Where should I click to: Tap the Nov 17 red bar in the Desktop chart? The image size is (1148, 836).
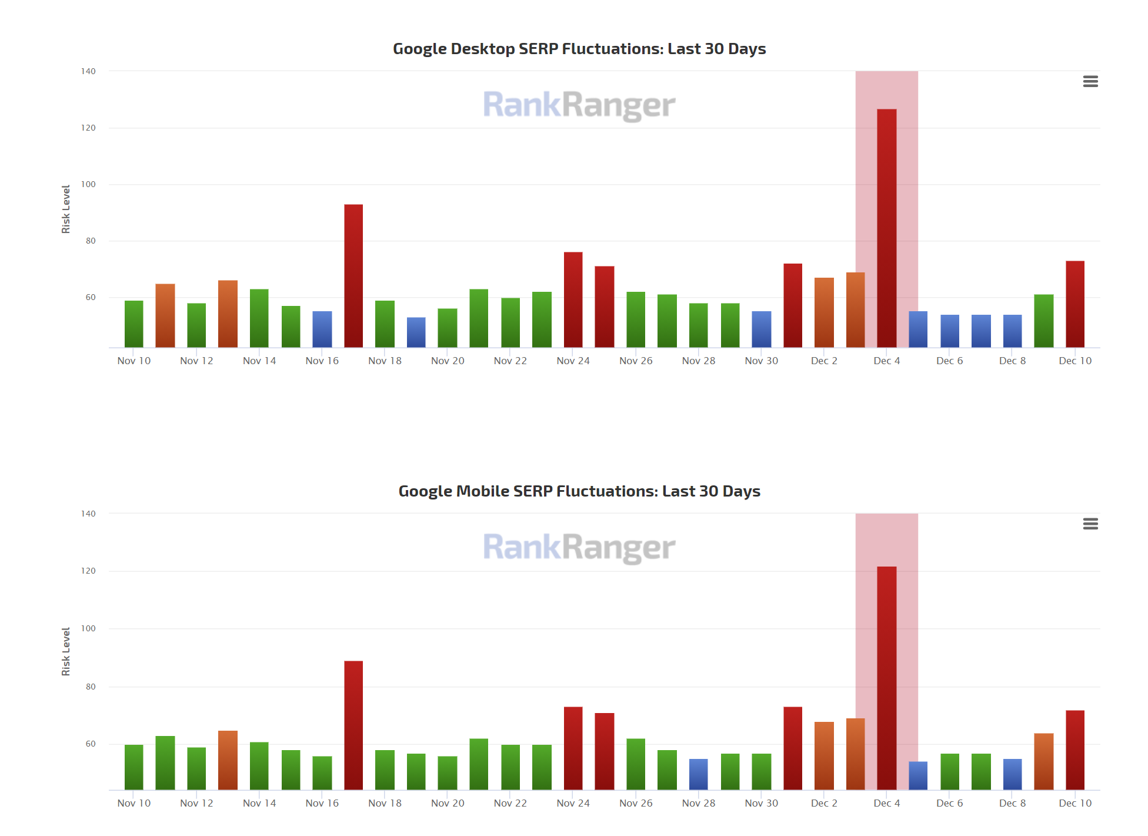tap(353, 276)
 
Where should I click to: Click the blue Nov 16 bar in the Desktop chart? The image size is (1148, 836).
tap(322, 329)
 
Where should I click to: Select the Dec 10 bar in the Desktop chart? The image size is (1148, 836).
tap(1074, 304)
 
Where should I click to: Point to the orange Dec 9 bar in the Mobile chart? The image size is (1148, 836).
tap(1043, 761)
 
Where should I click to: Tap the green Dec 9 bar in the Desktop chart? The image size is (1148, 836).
tap(1043, 321)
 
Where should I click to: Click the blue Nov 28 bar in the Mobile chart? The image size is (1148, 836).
tap(699, 774)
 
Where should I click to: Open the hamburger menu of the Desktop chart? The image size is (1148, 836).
tap(1090, 81)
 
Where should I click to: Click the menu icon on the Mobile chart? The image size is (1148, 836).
tap(1090, 524)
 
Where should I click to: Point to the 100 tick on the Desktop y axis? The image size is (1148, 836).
tap(88, 184)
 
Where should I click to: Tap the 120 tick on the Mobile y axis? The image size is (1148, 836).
tap(88, 571)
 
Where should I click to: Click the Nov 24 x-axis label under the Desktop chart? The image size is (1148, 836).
tap(573, 361)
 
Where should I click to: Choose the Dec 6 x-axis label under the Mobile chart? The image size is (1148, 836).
tap(949, 803)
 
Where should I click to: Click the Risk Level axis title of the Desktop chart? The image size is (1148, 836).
tap(66, 209)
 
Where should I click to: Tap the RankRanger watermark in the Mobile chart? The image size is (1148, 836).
tap(579, 547)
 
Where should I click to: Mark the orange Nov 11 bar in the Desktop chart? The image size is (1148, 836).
tap(165, 316)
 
